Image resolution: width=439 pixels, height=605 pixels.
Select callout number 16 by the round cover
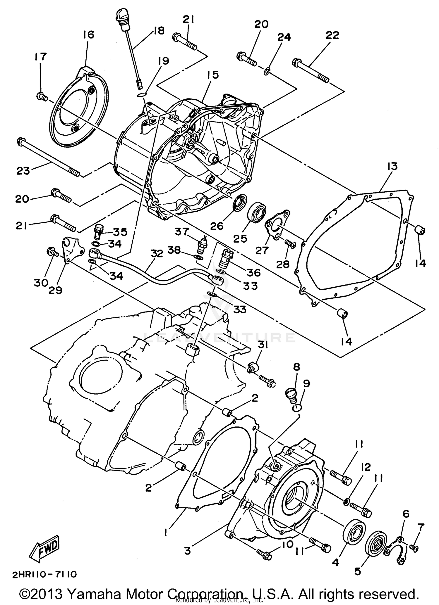point(88,35)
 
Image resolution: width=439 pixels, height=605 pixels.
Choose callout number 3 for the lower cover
point(188,551)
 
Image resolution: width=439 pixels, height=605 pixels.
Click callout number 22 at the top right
point(332,35)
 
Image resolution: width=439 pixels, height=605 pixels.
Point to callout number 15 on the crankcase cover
point(213,75)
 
